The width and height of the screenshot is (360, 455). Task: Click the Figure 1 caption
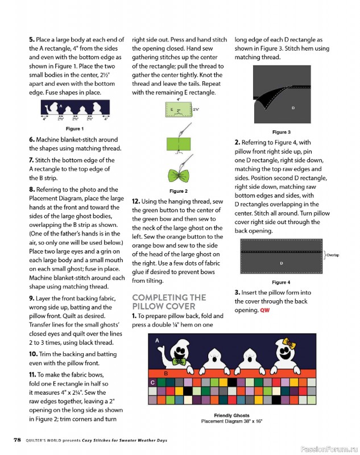[x=75, y=129]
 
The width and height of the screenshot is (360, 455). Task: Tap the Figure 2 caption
[x=179, y=191]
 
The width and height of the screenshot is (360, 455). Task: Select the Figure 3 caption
[x=281, y=132]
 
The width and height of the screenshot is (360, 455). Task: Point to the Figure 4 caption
[x=281, y=282]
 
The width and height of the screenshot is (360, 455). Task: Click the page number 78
[x=18, y=440]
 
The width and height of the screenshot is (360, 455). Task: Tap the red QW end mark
[x=264, y=310]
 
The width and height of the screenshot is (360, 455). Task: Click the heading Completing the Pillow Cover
[x=169, y=302]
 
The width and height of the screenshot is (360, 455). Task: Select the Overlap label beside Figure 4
[x=333, y=255]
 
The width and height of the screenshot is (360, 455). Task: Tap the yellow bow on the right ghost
[x=289, y=344]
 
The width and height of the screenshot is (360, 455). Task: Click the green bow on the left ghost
[x=179, y=361]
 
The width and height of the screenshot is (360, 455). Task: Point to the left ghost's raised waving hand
[x=162, y=350]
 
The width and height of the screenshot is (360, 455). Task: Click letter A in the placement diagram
[x=157, y=340]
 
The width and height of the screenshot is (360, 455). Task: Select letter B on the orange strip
[x=166, y=374]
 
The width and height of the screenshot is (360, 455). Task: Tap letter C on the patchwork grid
[x=152, y=382]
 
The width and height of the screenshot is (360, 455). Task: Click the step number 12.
[x=136, y=201]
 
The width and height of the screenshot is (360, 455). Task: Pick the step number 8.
[x=32, y=189]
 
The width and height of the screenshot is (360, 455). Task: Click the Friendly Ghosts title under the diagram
[x=231, y=415]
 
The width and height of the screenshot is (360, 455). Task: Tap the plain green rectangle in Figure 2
[x=179, y=144]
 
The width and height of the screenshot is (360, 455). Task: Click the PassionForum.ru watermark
[x=329, y=449]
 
